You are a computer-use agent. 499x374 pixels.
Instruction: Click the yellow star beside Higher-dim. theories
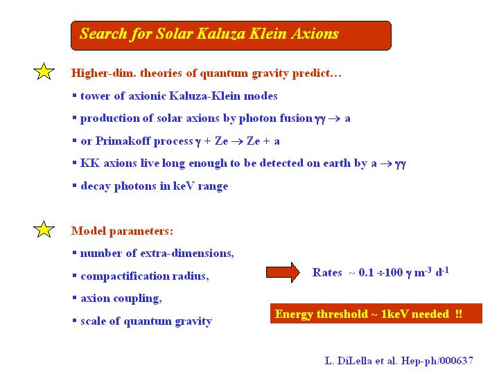(x=44, y=71)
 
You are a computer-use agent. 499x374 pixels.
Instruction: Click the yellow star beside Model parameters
(x=44, y=229)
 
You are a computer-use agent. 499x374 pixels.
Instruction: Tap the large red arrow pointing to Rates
(x=283, y=272)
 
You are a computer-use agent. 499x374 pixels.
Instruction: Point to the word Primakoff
(x=125, y=141)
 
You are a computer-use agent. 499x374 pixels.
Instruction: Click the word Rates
(x=327, y=272)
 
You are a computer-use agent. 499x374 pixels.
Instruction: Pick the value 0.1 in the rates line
(x=366, y=272)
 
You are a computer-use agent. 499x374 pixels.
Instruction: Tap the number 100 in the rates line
(x=394, y=272)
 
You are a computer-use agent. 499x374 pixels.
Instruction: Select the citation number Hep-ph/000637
(x=437, y=361)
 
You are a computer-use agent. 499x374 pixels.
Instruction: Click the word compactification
(x=125, y=276)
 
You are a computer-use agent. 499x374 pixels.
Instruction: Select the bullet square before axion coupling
(x=74, y=298)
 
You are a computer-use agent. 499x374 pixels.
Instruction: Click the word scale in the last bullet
(x=93, y=321)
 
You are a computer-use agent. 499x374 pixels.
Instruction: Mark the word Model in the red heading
(x=89, y=231)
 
